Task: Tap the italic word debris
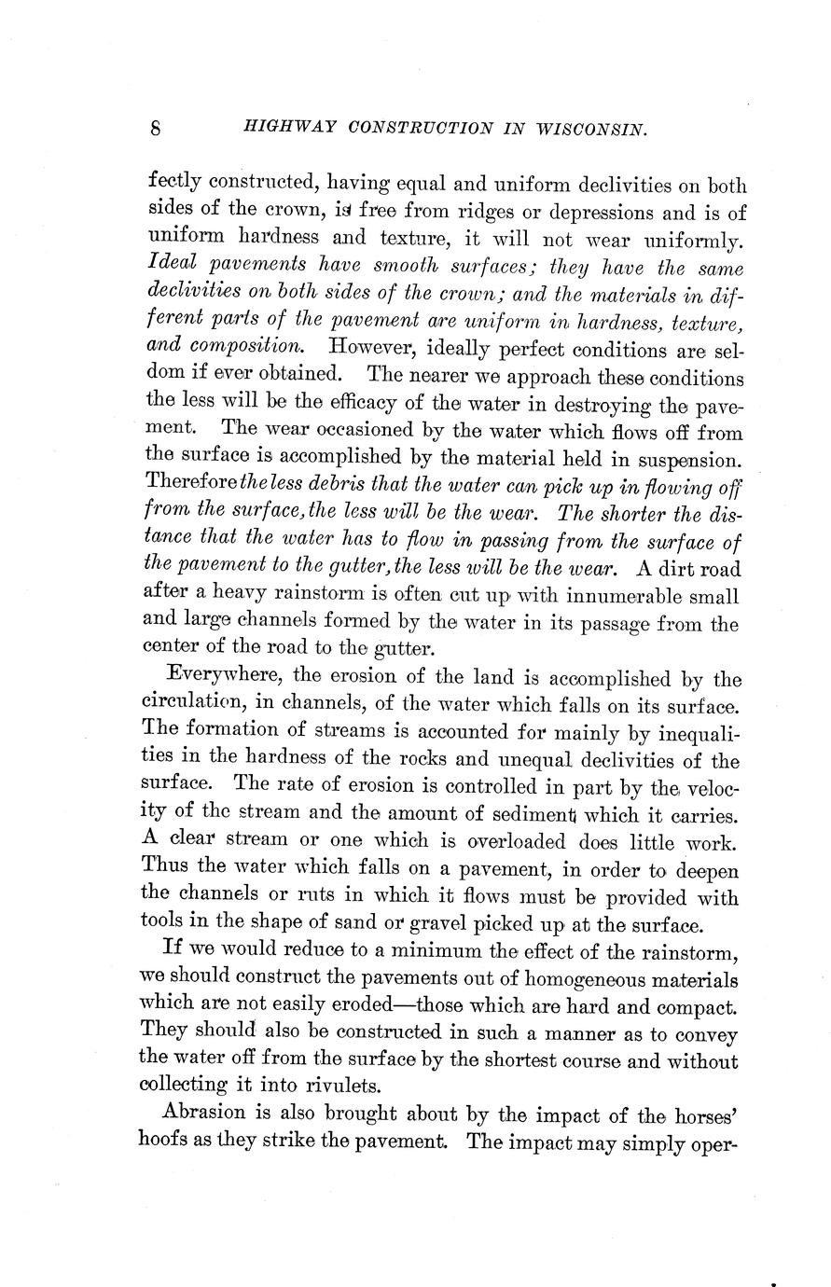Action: tap(353, 487)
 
